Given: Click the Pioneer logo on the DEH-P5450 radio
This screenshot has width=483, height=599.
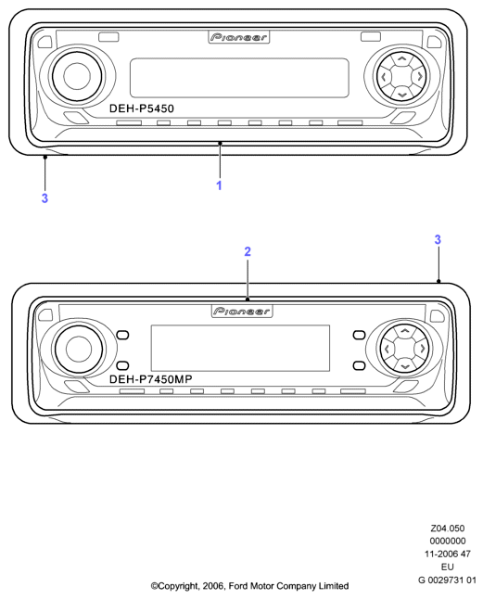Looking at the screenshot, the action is pos(239,37).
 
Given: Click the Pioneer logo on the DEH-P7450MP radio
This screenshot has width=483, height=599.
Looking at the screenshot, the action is pos(242,311).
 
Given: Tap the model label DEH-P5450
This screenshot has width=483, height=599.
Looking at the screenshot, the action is pos(142,108).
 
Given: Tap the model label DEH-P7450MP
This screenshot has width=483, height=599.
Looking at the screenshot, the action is pos(151,379).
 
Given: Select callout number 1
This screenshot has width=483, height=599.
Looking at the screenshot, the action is pos(219,185).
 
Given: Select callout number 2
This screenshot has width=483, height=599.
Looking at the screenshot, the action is pos(248,252).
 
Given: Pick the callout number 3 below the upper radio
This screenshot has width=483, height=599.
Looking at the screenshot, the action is pos(44,198).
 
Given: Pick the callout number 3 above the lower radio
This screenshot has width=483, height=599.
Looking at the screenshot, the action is pos(438,239).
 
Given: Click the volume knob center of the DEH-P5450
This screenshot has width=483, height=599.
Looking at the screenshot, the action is pos(77,76).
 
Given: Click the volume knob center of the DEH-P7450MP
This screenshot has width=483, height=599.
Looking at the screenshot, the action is pos(79,349).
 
